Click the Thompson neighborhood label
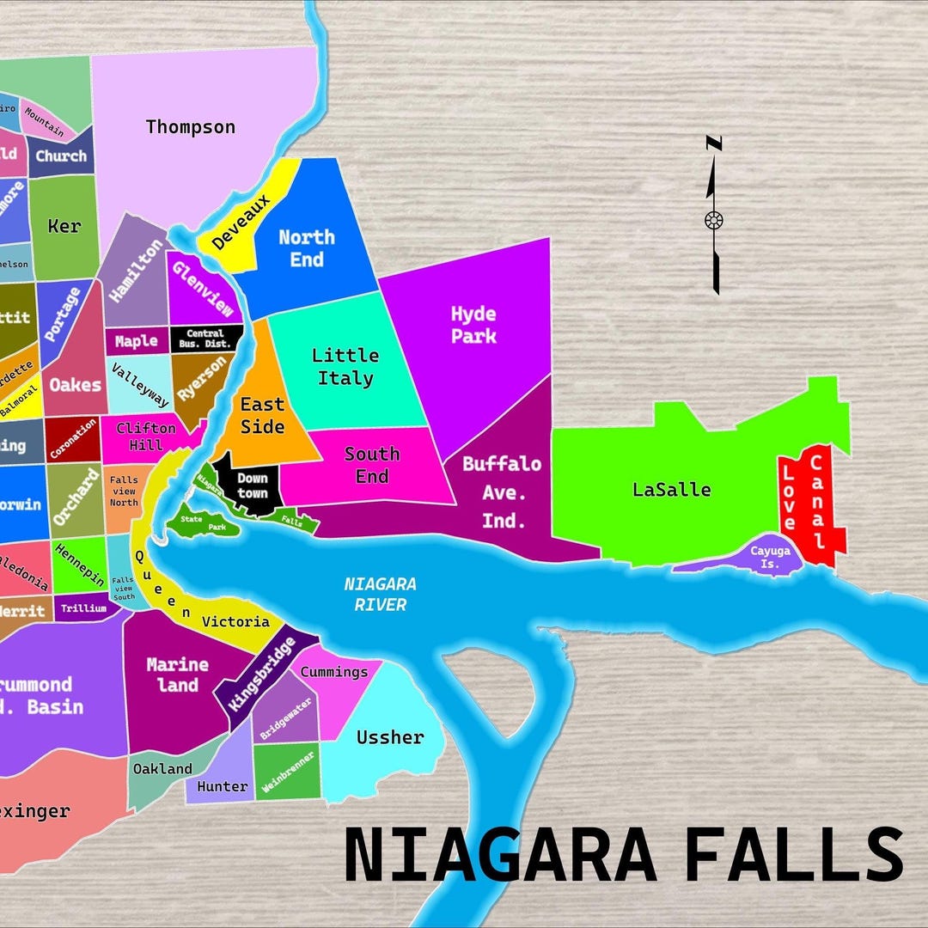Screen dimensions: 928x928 pyautogui.click(x=190, y=127)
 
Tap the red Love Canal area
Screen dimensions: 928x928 pyautogui.click(x=812, y=507)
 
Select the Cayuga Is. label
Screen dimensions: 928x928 pyautogui.click(x=769, y=556)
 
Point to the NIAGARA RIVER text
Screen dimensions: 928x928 pyautogui.click(x=380, y=594)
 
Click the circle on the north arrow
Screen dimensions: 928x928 pyautogui.click(x=713, y=220)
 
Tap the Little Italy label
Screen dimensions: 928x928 pyautogui.click(x=345, y=367)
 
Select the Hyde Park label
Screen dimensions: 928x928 pyautogui.click(x=473, y=324)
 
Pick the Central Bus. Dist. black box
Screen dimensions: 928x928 pyautogui.click(x=205, y=339)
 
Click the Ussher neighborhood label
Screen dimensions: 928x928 pyautogui.click(x=390, y=737)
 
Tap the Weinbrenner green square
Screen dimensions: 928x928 pyautogui.click(x=287, y=771)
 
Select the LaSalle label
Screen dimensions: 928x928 pyautogui.click(x=671, y=490)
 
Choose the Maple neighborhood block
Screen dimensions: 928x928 pyautogui.click(x=137, y=341)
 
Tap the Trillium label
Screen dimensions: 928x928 pyautogui.click(x=84, y=608)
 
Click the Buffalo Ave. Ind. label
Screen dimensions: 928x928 pyautogui.click(x=502, y=492)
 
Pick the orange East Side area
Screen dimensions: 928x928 pyautogui.click(x=261, y=415)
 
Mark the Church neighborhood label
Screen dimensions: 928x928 pyautogui.click(x=61, y=156)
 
